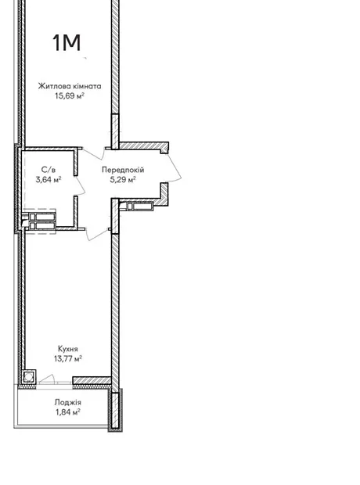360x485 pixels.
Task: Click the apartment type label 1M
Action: pos(67,42)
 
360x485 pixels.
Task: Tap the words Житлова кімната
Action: pos(70,86)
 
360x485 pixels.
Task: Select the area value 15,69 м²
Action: pos(70,95)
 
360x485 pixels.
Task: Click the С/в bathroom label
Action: pos(49,170)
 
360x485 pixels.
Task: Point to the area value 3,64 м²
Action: pos(49,179)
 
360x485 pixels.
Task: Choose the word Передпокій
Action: pos(123,170)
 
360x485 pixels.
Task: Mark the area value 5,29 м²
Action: pos(123,179)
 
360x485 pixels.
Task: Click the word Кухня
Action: pos(68,349)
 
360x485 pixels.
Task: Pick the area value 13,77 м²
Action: pos(68,359)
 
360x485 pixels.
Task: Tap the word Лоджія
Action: pos(68,402)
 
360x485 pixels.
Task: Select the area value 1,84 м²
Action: pos(68,412)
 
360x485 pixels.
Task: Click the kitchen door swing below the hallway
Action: pos(99,235)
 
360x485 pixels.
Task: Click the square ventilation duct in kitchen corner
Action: pos(29,377)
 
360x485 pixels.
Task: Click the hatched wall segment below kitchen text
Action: pos(92,380)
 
